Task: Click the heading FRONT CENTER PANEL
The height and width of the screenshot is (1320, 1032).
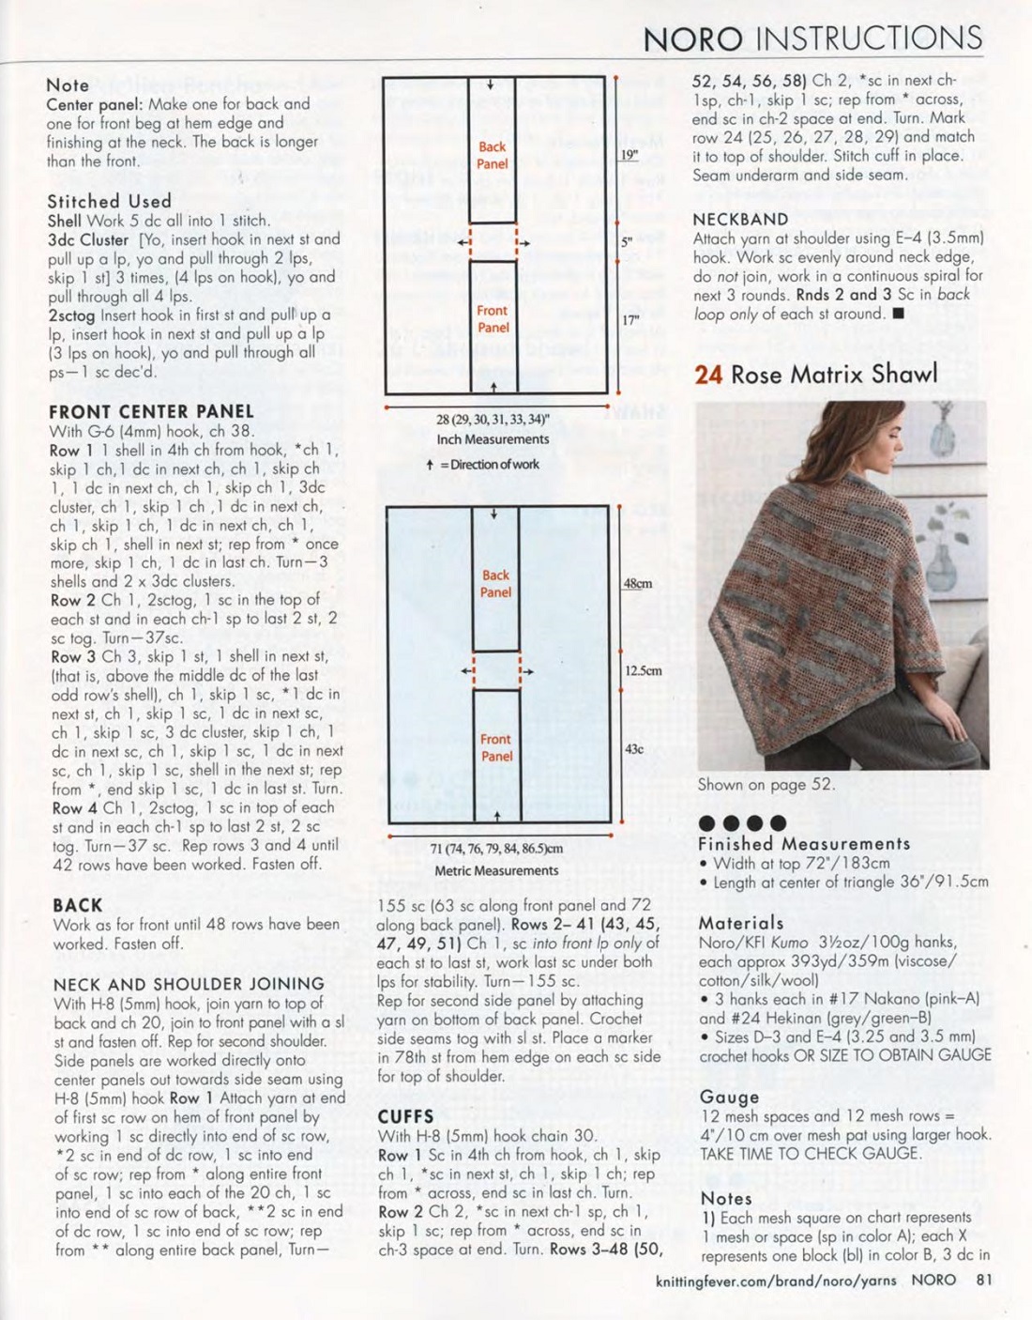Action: (x=151, y=411)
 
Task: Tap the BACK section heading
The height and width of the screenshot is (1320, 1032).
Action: (x=78, y=905)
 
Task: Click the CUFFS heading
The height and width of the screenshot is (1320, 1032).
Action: (x=405, y=1116)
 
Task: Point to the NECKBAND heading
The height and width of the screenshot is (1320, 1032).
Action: (x=740, y=219)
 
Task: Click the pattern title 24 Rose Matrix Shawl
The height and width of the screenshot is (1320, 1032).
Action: (x=815, y=374)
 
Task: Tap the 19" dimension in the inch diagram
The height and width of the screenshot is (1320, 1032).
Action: (x=629, y=154)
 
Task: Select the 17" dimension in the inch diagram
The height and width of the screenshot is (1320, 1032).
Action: (x=630, y=320)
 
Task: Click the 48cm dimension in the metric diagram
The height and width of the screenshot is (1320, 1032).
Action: (x=637, y=583)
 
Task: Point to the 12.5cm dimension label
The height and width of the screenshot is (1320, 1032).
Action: (x=643, y=670)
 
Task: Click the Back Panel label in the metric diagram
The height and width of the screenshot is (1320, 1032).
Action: (x=495, y=583)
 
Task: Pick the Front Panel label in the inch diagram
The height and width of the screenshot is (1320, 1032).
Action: (x=493, y=319)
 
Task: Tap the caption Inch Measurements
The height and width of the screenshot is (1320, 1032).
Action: (x=493, y=438)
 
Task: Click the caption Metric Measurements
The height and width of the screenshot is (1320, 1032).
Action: (x=496, y=870)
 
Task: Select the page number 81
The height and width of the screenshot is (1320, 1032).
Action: (x=983, y=1279)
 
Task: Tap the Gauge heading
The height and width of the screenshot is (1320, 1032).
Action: (x=729, y=1097)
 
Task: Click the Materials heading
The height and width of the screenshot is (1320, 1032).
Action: (x=740, y=923)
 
